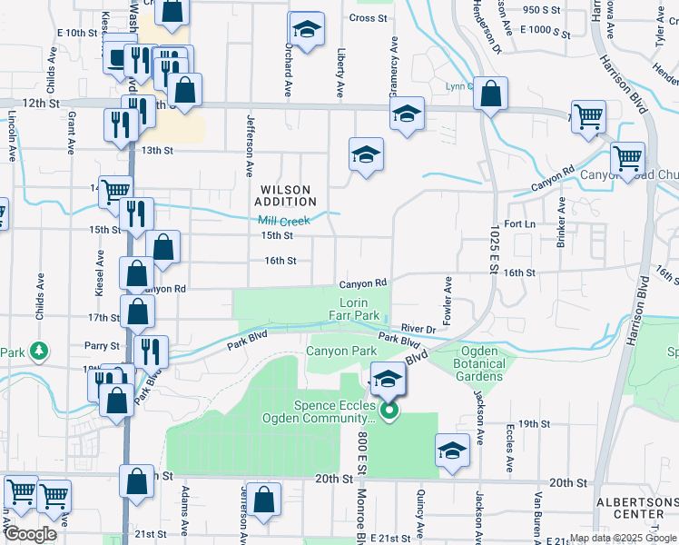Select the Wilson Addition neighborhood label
click(285, 195)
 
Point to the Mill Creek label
click(283, 221)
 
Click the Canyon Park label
click(340, 351)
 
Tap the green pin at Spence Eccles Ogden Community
click(389, 411)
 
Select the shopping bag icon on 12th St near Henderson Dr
click(490, 94)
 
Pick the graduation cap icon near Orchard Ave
click(307, 30)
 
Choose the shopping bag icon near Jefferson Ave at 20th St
click(263, 500)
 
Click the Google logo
click(30, 534)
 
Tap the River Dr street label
click(418, 329)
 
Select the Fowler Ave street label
click(448, 302)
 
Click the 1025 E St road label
click(495, 244)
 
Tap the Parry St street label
click(103, 346)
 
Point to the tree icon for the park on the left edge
click(38, 351)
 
